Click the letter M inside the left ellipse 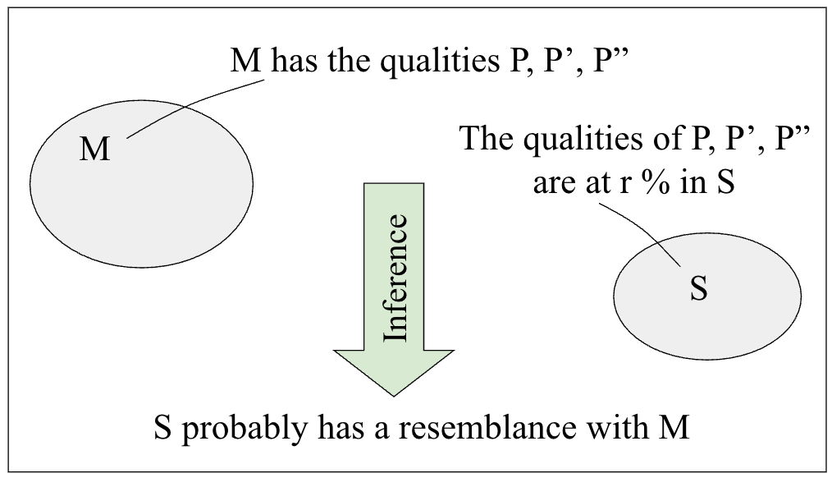[95, 150]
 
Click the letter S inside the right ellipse [698, 289]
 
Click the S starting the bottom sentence [162, 428]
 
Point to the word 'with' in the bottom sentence [615, 428]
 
